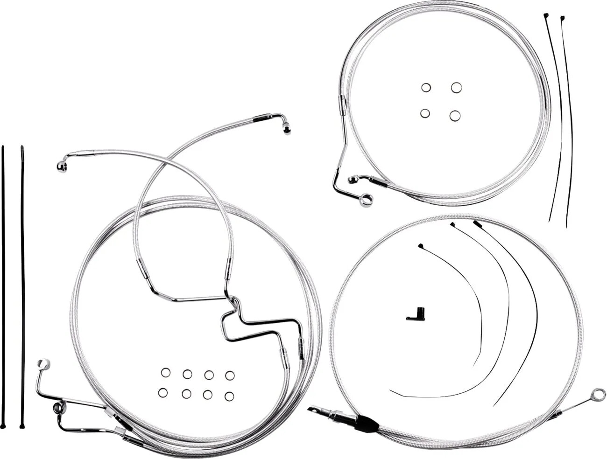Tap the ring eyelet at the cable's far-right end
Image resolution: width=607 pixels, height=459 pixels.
(x=596, y=395)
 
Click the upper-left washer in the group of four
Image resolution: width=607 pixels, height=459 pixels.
(x=425, y=87)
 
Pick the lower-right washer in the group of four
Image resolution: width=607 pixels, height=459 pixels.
(x=455, y=116)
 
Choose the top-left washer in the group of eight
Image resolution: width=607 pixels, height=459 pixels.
(x=166, y=372)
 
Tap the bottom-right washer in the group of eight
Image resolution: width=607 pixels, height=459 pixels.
(x=229, y=396)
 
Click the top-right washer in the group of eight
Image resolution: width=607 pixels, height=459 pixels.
(x=230, y=375)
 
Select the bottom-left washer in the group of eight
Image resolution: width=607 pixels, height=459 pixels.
(x=162, y=393)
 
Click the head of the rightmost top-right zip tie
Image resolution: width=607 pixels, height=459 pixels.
(x=562, y=19)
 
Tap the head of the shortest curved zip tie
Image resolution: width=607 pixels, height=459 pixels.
(x=420, y=245)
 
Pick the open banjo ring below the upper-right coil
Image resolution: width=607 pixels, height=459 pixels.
(x=367, y=200)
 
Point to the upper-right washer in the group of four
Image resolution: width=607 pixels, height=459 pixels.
(x=456, y=87)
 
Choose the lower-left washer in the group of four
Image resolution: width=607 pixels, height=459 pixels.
(x=425, y=113)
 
